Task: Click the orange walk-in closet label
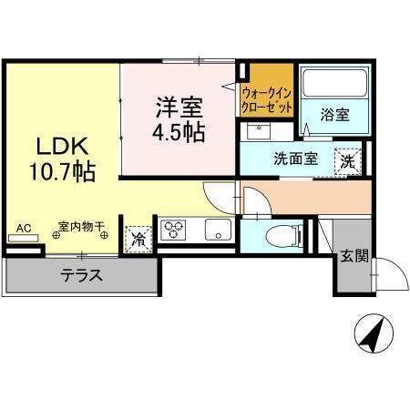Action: pyautogui.click(x=266, y=98)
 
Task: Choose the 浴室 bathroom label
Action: pyautogui.click(x=334, y=115)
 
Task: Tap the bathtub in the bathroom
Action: pyautogui.click(x=333, y=85)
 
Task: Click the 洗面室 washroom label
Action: pyautogui.click(x=296, y=158)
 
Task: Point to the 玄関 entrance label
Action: pyautogui.click(x=355, y=256)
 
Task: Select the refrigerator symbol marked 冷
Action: pyautogui.click(x=138, y=239)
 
